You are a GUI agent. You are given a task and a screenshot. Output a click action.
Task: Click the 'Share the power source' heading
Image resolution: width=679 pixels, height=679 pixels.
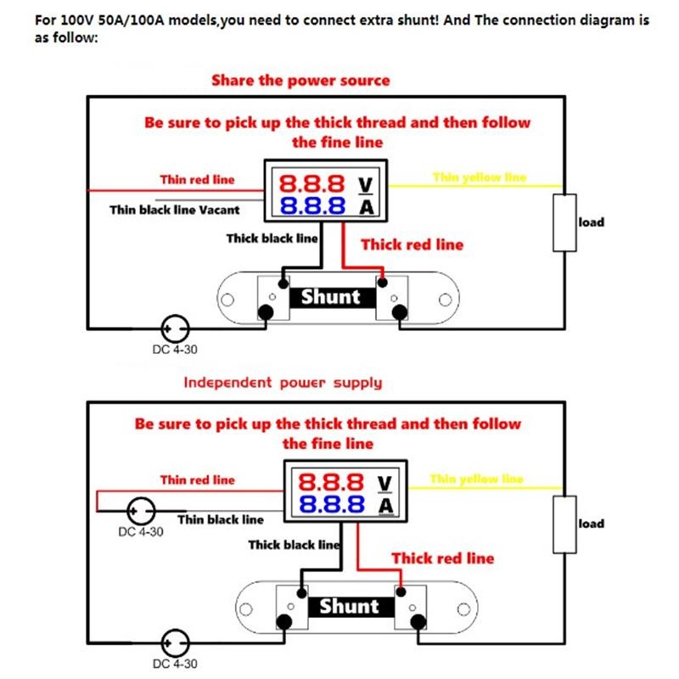(x=300, y=81)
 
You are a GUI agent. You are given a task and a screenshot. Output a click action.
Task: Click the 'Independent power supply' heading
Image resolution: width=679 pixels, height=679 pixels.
(x=283, y=382)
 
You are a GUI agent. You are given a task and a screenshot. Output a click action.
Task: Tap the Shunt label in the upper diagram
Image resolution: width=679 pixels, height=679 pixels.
(x=330, y=297)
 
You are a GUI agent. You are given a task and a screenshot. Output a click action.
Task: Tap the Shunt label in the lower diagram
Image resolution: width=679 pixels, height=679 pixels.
(x=349, y=606)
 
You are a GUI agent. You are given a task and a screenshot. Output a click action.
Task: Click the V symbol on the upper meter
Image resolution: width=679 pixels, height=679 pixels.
(x=367, y=182)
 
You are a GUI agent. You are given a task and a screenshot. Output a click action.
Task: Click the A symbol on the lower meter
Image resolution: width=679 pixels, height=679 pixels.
(x=385, y=506)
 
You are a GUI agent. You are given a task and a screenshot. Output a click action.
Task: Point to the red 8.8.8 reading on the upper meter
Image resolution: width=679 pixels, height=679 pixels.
(x=312, y=182)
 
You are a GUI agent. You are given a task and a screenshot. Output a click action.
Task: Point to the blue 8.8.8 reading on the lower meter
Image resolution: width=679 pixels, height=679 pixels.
(x=332, y=506)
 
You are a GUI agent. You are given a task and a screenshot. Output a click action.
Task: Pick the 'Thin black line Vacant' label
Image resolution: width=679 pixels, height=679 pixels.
(x=175, y=210)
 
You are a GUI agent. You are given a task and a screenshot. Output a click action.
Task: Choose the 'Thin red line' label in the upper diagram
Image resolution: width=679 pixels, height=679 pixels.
(x=197, y=179)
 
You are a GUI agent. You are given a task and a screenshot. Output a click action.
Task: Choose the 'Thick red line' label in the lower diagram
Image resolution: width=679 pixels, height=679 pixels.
(x=442, y=558)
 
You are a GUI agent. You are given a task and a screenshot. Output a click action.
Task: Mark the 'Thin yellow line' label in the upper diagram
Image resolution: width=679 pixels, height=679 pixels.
(x=480, y=177)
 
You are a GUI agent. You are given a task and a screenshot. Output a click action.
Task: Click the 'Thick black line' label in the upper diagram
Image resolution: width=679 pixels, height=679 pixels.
(x=272, y=238)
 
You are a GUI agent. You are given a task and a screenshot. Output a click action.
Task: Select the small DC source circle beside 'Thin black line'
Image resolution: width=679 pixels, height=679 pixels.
(x=141, y=512)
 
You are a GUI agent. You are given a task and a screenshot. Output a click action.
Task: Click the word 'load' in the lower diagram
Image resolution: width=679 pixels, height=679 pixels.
(x=592, y=524)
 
